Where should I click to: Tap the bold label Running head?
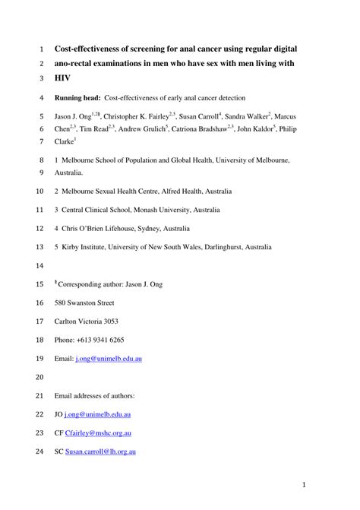coord(77,98)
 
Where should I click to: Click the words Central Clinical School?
coord(103,210)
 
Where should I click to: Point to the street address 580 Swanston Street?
coord(91,303)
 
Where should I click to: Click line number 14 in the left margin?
coord(39,266)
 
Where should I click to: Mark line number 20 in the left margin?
coord(39,377)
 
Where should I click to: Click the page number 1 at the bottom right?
coord(302,484)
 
